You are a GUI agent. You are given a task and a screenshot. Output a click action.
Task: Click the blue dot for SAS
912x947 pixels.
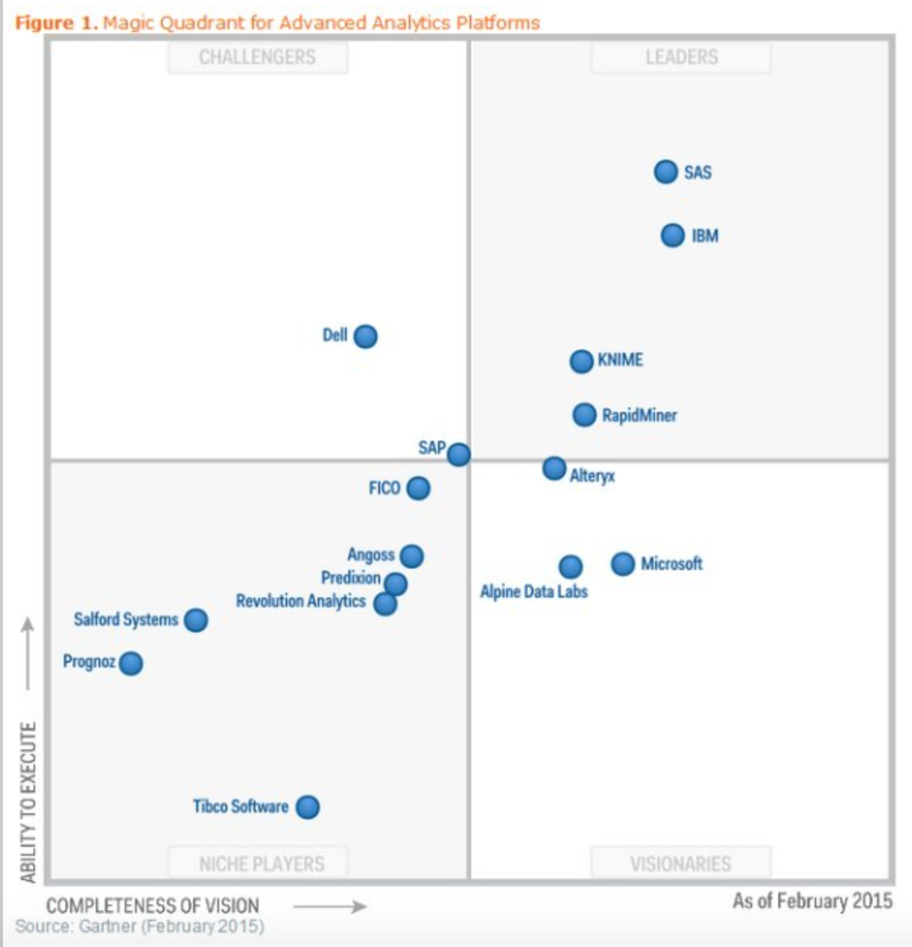point(666,172)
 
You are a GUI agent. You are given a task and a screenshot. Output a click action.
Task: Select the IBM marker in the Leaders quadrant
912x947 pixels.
point(673,236)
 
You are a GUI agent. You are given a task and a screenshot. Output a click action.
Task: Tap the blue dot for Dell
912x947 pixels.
point(366,336)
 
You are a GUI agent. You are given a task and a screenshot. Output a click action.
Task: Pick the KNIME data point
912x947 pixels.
point(581,361)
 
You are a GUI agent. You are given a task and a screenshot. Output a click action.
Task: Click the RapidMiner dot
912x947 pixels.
point(584,415)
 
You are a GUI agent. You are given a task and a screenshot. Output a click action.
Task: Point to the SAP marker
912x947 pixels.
point(458,454)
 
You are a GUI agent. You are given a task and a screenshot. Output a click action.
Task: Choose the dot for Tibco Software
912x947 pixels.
point(308,807)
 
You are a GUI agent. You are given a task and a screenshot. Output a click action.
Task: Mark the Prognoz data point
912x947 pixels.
point(131,664)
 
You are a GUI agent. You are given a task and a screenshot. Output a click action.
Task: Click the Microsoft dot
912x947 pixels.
point(623,564)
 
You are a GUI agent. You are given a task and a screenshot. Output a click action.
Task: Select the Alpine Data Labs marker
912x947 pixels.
point(571,566)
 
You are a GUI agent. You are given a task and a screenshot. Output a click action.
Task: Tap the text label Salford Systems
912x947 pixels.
point(125,619)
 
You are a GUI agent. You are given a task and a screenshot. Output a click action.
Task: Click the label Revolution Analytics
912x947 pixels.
point(301,601)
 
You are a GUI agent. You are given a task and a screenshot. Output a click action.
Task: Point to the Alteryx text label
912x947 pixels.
point(592,477)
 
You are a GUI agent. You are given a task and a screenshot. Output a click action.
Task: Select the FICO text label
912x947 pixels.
point(385,488)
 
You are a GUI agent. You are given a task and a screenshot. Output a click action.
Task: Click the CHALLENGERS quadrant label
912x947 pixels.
point(258,57)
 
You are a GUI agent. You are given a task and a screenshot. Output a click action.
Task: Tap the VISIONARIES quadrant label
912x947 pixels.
point(681,863)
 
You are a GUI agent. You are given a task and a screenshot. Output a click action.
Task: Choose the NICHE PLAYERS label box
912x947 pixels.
point(261,863)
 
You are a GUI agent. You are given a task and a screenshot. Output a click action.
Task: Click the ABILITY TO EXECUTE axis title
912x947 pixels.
point(28,802)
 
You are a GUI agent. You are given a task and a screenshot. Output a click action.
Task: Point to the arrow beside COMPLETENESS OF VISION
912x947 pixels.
point(330,906)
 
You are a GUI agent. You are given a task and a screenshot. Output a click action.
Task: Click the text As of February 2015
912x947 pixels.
point(812,901)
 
